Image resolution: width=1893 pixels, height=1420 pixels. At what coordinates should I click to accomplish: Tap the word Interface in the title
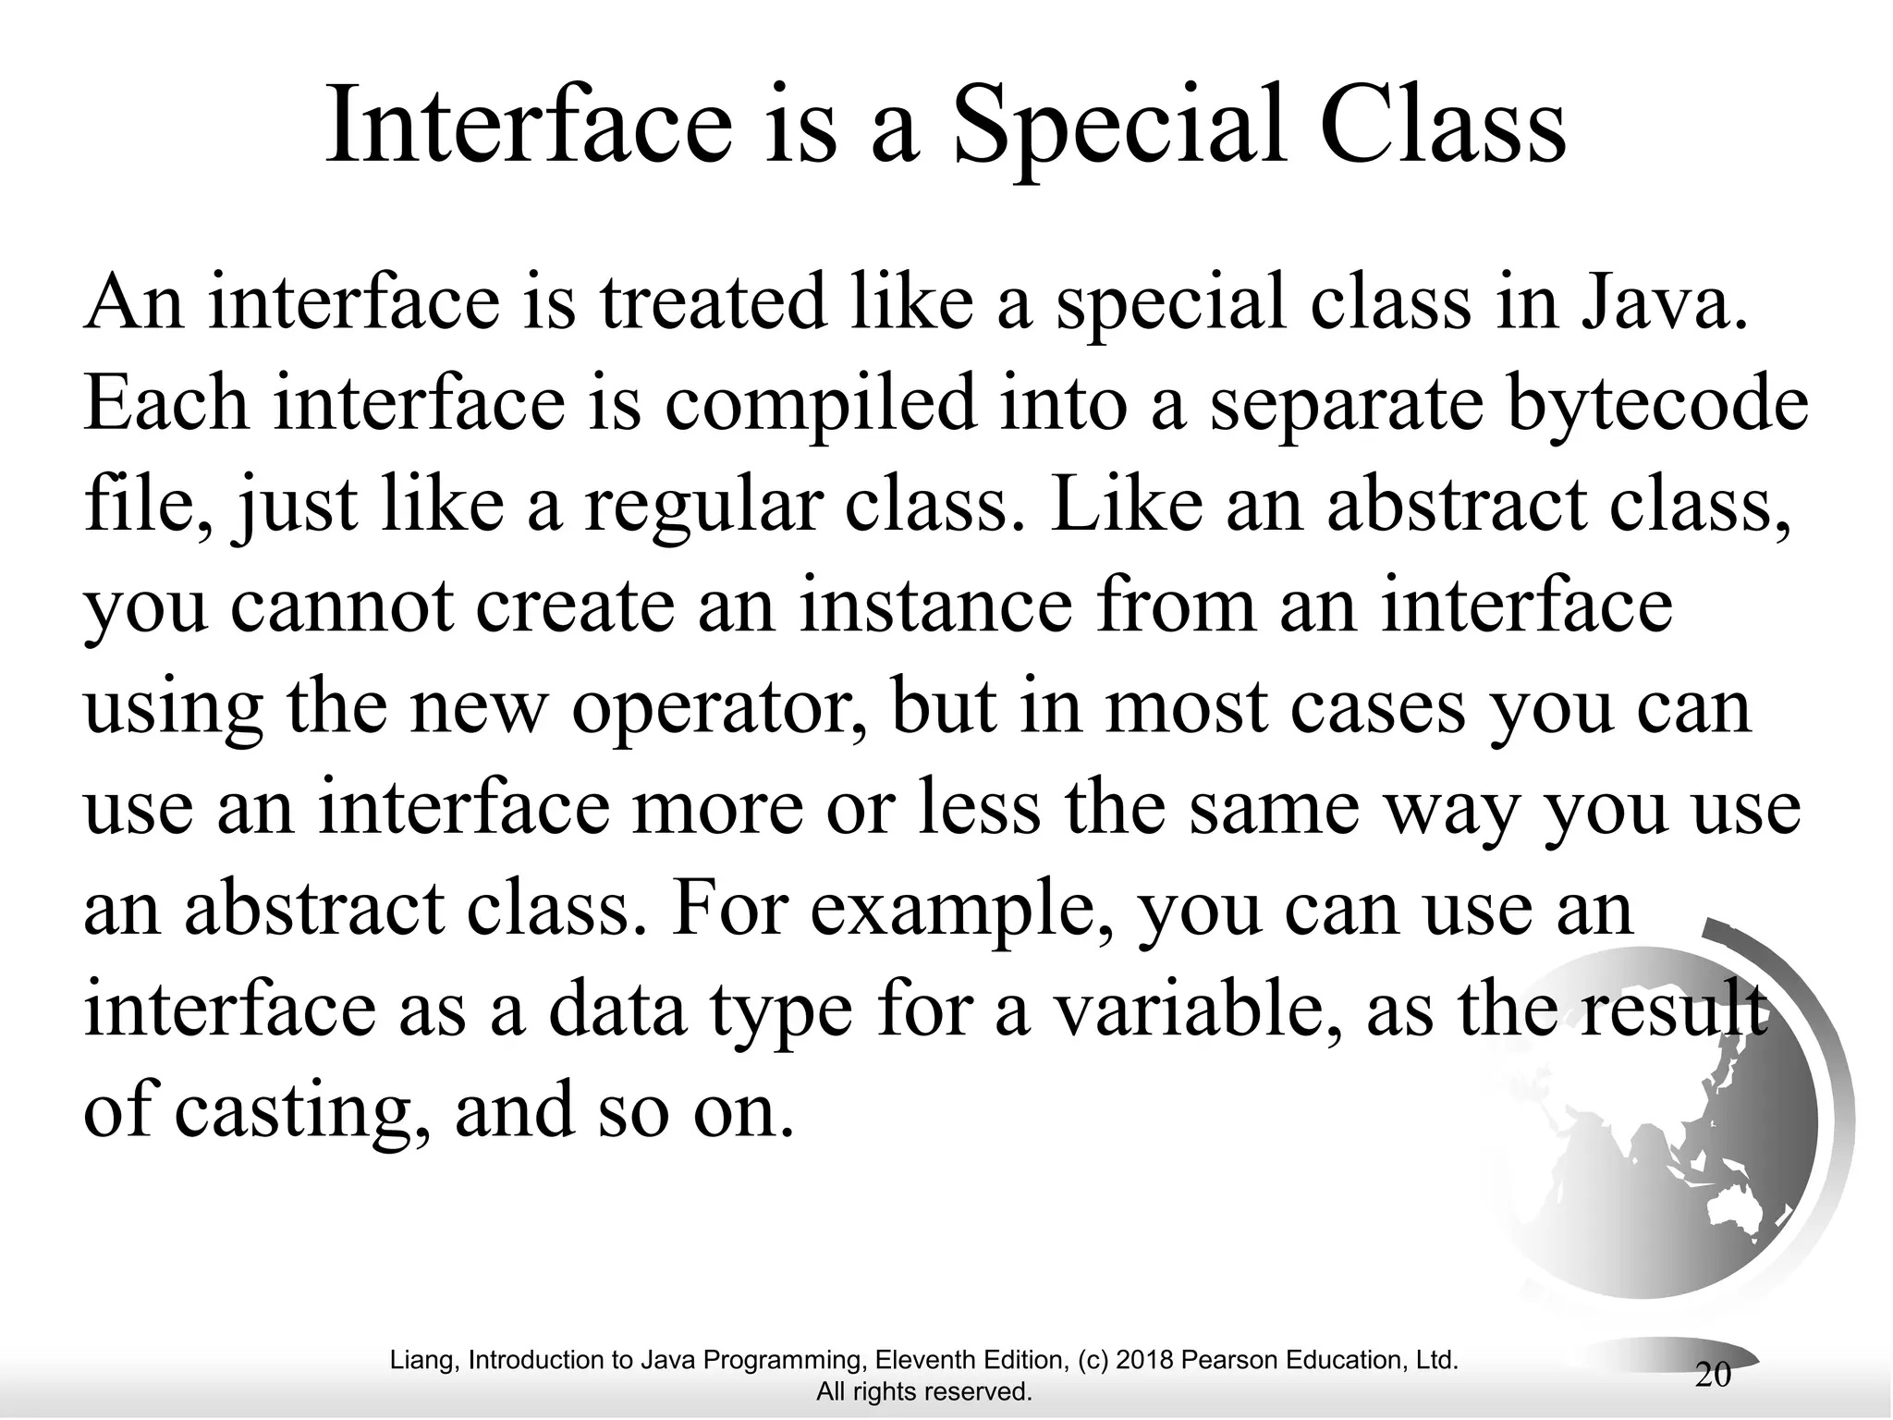[x=529, y=125]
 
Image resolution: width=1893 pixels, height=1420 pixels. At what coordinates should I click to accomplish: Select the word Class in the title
[x=1443, y=125]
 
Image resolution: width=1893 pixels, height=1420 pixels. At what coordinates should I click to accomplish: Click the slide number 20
[x=1713, y=1375]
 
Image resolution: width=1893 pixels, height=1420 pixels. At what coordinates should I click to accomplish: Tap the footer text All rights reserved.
[x=924, y=1391]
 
